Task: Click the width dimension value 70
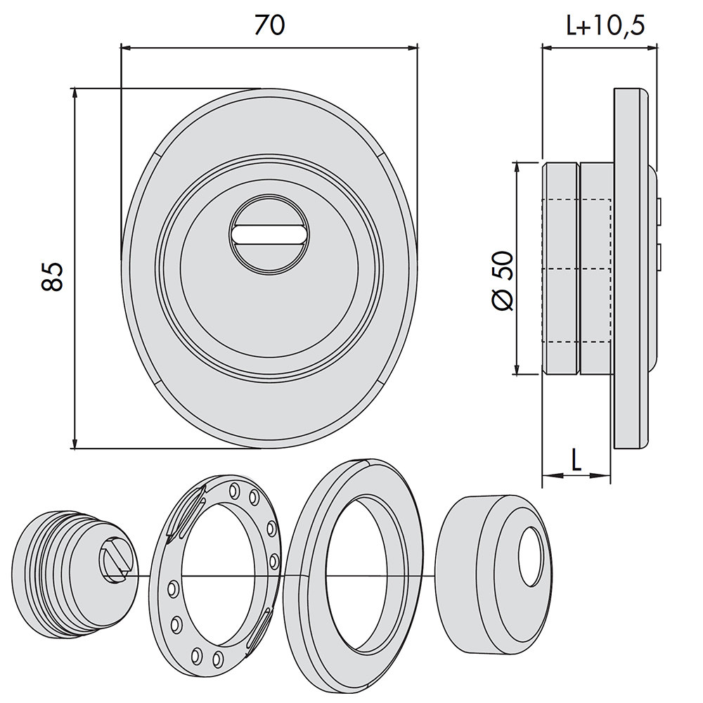click(x=269, y=25)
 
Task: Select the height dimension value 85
click(x=52, y=276)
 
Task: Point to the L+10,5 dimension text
click(x=605, y=25)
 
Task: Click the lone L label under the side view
click(x=576, y=460)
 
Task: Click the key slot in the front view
click(x=269, y=235)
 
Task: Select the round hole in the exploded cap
click(x=531, y=556)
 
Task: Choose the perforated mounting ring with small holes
click(x=215, y=576)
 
